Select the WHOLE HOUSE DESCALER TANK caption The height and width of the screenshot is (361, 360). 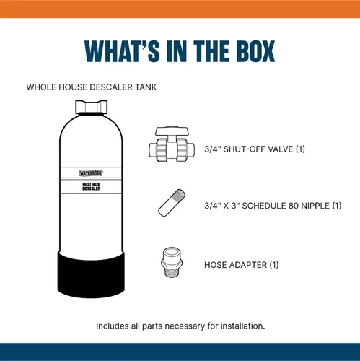point(92,87)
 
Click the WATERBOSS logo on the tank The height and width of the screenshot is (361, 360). point(91,173)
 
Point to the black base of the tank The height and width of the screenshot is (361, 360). point(91,274)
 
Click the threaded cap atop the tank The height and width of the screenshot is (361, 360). point(92,107)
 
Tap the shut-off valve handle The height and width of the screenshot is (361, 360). point(172,131)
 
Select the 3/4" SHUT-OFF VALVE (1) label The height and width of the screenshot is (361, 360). point(255,149)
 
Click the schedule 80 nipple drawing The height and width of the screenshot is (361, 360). point(172,203)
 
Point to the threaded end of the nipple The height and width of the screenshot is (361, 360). point(180,194)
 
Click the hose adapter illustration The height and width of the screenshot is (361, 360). point(172,262)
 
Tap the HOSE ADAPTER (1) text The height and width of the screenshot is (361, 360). point(242,265)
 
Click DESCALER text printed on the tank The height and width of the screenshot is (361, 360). point(92,188)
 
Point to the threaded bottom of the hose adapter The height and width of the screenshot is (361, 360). point(172,272)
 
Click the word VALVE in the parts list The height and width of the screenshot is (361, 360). point(281,149)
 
